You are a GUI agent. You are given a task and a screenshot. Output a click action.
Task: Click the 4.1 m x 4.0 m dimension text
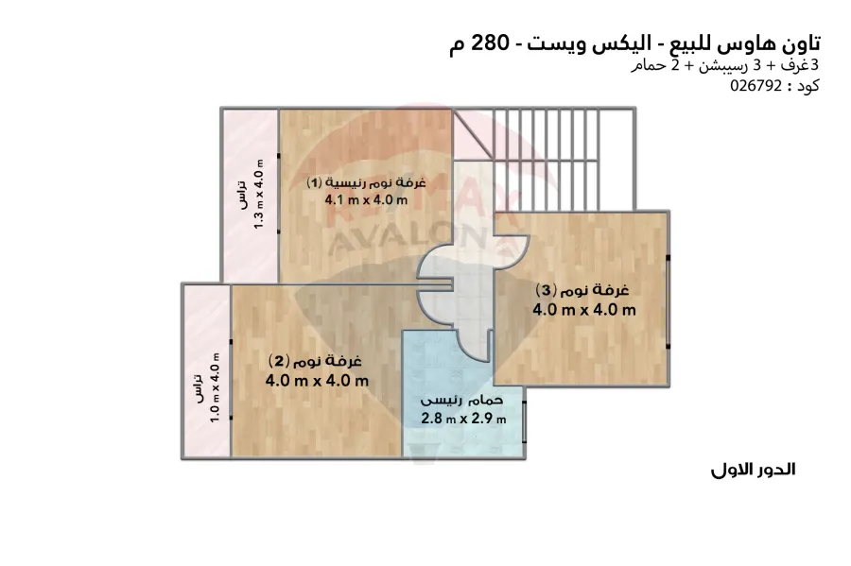tap(365, 199)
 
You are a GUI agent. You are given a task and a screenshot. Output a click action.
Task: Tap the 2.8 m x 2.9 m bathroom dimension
tap(463, 418)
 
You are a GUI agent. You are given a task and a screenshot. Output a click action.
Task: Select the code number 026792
tap(756, 86)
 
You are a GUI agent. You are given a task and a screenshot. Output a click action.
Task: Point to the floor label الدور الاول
tap(753, 470)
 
